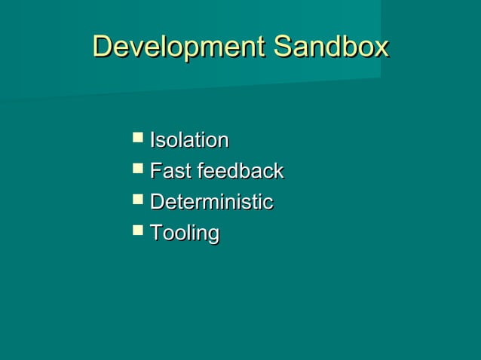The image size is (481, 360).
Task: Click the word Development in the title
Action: [x=178, y=47]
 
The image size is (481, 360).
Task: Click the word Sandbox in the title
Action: [x=330, y=47]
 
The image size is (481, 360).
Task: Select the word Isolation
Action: [x=189, y=140]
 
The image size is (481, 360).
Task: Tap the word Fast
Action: [x=170, y=171]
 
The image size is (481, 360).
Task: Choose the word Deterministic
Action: [x=211, y=202]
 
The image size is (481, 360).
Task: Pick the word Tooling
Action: [x=184, y=233]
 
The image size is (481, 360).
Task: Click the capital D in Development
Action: [x=101, y=47]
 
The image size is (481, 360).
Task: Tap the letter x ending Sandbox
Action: [x=381, y=48]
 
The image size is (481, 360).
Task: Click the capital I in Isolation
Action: [x=152, y=140]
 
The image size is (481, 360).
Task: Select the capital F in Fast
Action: [x=155, y=171]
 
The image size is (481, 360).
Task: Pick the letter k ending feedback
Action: [x=278, y=171]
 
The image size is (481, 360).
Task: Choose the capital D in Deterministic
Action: [x=157, y=202]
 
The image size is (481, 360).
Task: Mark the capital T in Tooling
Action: [x=155, y=233]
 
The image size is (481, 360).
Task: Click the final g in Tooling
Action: [x=213, y=236]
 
